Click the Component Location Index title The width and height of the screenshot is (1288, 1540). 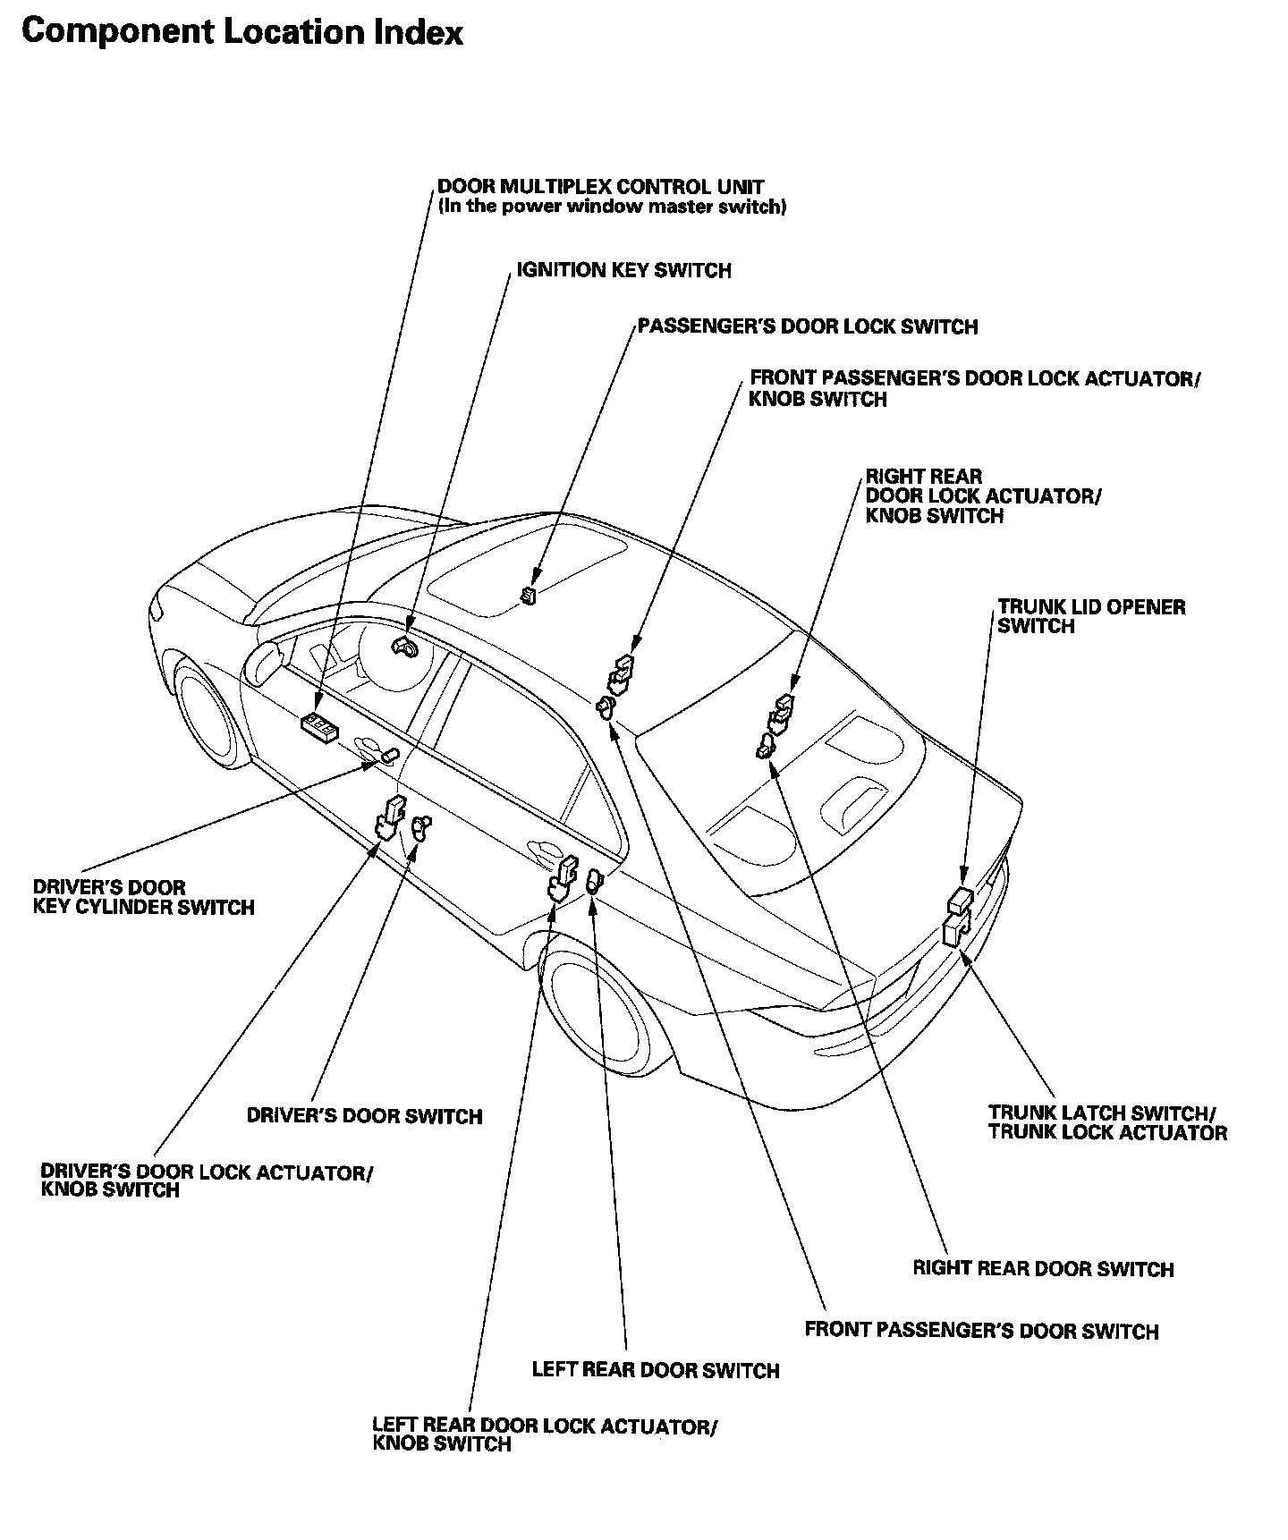pyautogui.click(x=242, y=33)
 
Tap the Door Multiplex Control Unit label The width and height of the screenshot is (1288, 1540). pyautogui.click(x=601, y=188)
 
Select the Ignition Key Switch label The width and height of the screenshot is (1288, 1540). pyautogui.click(x=623, y=271)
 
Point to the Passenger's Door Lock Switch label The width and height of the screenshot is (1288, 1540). pyautogui.click(x=808, y=327)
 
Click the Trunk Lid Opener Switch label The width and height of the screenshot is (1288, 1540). pyautogui.click(x=1091, y=617)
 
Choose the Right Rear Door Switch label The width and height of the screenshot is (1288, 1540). pyautogui.click(x=1043, y=1269)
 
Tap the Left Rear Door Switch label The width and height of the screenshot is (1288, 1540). pyautogui.click(x=656, y=1370)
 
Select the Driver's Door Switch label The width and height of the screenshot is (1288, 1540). pyautogui.click(x=364, y=1116)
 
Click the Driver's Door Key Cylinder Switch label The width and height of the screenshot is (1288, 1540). pyautogui.click(x=144, y=898)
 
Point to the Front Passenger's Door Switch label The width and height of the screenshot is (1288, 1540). pyautogui.click(x=981, y=1331)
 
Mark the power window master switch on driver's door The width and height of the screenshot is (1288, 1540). pyautogui.click(x=321, y=725)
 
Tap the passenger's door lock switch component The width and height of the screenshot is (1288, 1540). pyautogui.click(x=530, y=596)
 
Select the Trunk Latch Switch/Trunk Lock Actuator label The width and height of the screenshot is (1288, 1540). pyautogui.click(x=1107, y=1123)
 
